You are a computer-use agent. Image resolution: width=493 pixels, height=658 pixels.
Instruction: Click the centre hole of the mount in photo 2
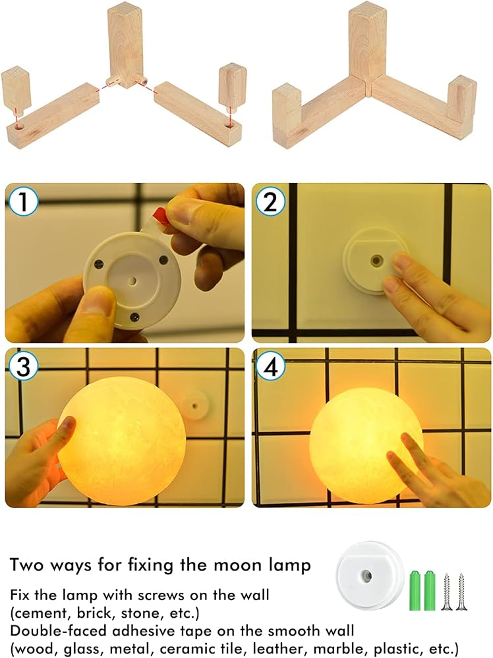[x=375, y=261]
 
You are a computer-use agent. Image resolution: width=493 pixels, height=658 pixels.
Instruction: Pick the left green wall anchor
[x=415, y=590]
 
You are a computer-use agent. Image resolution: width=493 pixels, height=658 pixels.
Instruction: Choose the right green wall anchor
[x=430, y=590]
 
